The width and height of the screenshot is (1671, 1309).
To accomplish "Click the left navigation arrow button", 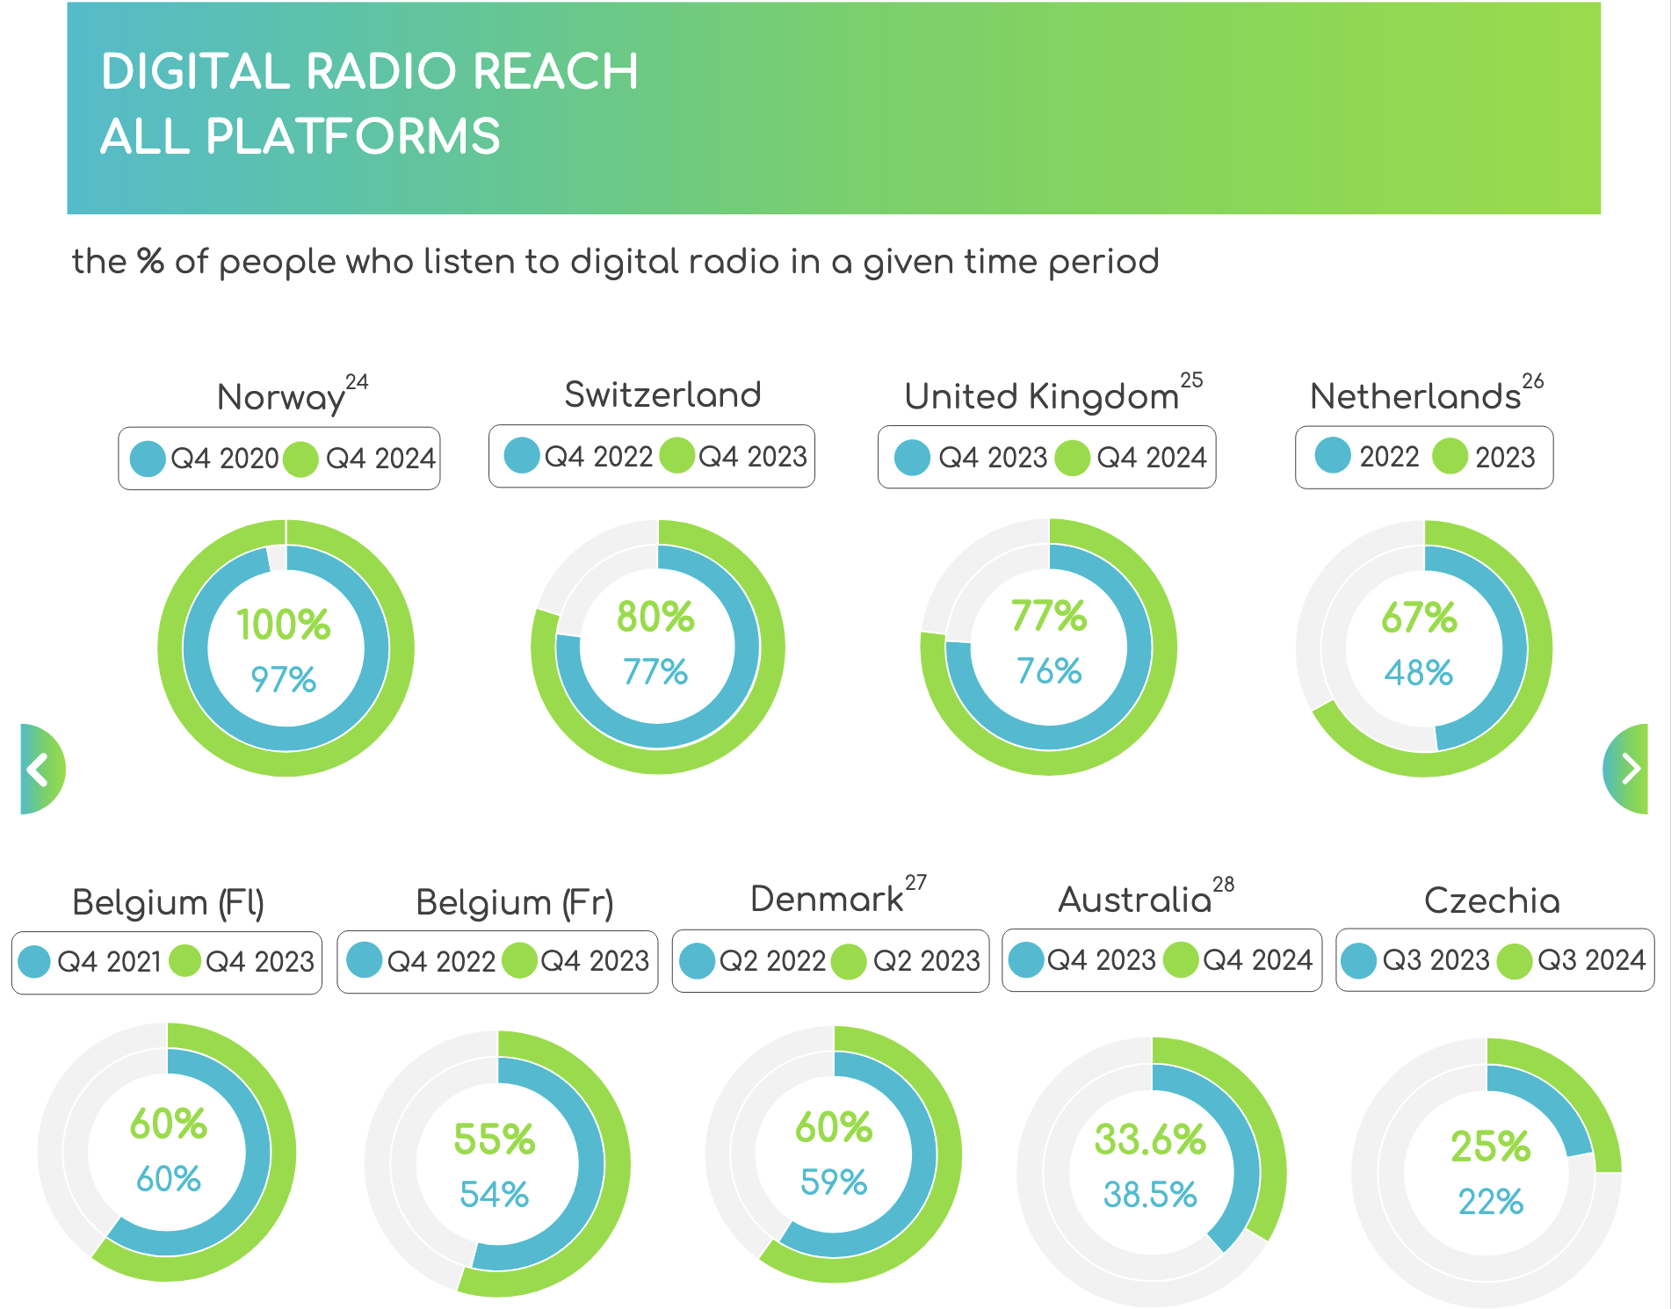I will [x=40, y=770].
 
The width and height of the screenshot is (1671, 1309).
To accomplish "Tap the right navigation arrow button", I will [x=1629, y=770].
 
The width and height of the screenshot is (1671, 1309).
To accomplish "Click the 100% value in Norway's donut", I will [x=283, y=625].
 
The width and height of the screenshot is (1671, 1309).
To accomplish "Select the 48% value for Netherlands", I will [x=1418, y=673].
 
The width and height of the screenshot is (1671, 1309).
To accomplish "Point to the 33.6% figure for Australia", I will [x=1150, y=1139].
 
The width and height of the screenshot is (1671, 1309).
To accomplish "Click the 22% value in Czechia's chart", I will [x=1490, y=1201].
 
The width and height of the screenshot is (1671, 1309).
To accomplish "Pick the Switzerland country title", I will [x=662, y=394].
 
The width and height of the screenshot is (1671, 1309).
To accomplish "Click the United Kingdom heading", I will [x=1041, y=396].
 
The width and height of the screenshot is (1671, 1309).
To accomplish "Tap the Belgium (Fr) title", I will [x=515, y=902].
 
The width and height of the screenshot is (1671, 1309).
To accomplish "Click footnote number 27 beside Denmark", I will [x=915, y=883].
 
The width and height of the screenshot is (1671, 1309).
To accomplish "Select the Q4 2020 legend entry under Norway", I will [x=223, y=459].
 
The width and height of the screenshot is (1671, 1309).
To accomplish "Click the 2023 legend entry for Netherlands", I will [x=1504, y=457].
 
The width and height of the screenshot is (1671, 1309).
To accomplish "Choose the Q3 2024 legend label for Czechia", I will [x=1590, y=959].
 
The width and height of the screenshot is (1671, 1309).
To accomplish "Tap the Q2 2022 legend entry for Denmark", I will [x=771, y=961].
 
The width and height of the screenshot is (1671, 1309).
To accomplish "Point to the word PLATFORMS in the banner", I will [x=352, y=137].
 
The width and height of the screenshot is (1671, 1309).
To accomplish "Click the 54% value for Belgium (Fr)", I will [x=494, y=1195].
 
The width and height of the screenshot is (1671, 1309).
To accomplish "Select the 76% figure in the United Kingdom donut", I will [x=1048, y=671].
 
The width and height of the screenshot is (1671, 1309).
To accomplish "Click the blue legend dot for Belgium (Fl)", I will [x=34, y=961].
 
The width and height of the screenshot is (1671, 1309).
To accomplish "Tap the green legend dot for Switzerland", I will [x=677, y=456].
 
